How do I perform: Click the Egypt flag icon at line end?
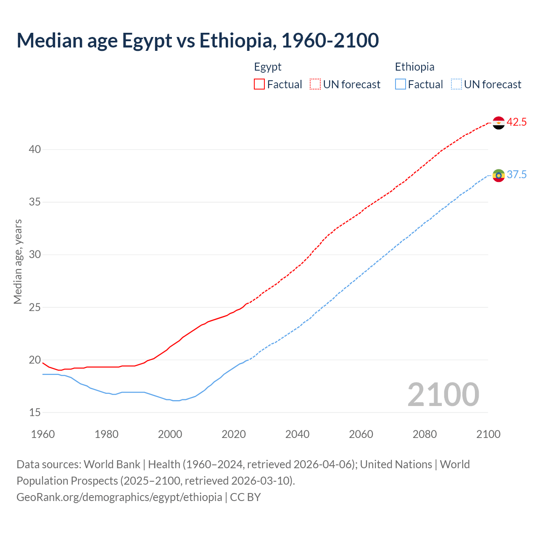pyautogui.click(x=498, y=123)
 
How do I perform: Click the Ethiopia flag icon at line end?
pyautogui.click(x=498, y=175)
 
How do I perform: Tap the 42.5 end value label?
pyautogui.click(x=517, y=122)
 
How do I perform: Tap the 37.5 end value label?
pyautogui.click(x=517, y=175)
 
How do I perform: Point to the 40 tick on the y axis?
pyautogui.click(x=35, y=150)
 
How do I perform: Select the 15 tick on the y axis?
pyautogui.click(x=35, y=413)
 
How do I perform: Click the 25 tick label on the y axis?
pyautogui.click(x=35, y=307)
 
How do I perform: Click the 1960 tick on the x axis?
pyautogui.click(x=43, y=434)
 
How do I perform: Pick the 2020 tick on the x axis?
pyautogui.click(x=234, y=434)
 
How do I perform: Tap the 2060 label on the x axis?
pyautogui.click(x=361, y=434)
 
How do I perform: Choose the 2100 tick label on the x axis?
pyautogui.click(x=488, y=434)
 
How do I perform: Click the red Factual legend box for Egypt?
pyautogui.click(x=259, y=84)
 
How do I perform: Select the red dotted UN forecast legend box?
pyautogui.click(x=315, y=84)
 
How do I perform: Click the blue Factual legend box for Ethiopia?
pyautogui.click(x=401, y=84)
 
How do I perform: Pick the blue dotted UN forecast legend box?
pyautogui.click(x=456, y=84)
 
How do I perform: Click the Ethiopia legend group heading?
pyautogui.click(x=414, y=67)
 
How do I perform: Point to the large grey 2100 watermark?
pyautogui.click(x=443, y=395)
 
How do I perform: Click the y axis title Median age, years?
pyautogui.click(x=18, y=261)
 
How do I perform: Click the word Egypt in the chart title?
pyautogui.click(x=147, y=40)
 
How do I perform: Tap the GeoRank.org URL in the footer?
pyautogui.click(x=119, y=497)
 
